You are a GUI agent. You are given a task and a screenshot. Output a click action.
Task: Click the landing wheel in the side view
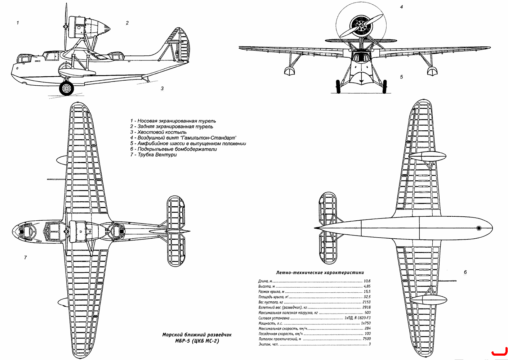coord(66,89)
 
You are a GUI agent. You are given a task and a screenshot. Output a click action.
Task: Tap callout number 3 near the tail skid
coord(162,89)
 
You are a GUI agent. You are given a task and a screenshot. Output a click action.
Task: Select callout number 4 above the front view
coord(401,7)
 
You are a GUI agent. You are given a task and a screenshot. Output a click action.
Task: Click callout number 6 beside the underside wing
coord(465,272)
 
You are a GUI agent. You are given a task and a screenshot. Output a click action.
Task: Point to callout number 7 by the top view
coord(25,258)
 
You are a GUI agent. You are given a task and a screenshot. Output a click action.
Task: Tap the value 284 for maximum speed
coord(367,328)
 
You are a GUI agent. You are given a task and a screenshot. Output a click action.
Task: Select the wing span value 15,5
coord(367,292)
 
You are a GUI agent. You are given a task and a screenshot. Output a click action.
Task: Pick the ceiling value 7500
coord(367,339)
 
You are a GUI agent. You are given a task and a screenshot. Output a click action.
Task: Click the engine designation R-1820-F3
coord(362,318)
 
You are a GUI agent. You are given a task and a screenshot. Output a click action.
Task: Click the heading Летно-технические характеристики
coord(320,273)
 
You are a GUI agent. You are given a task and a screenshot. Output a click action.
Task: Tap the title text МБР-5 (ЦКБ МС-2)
coord(197,341)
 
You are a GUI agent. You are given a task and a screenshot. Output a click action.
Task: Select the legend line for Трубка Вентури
coord(153,155)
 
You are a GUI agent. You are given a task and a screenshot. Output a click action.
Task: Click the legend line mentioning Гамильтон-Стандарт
coord(183,138)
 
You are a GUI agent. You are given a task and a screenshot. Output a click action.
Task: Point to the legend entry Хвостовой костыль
coord(158,132)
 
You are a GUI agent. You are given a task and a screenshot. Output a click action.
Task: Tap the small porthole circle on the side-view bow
coord(17,68)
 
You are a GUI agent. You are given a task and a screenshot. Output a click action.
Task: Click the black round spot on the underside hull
coord(479,228)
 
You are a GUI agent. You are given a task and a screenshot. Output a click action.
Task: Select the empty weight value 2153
coord(367,302)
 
